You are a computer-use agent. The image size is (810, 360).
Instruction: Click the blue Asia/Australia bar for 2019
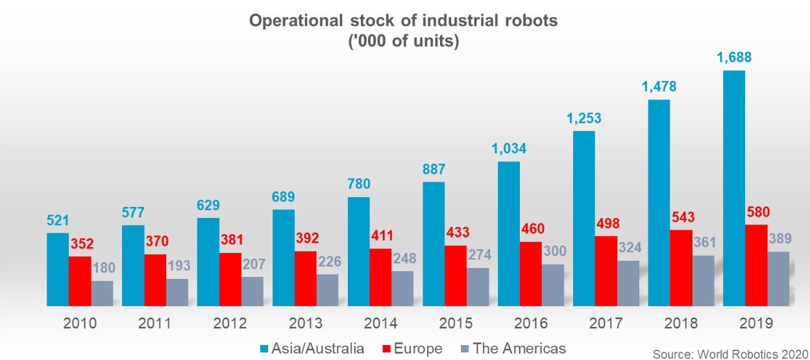click(x=734, y=188)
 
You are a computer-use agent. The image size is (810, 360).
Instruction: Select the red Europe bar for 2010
click(x=80, y=281)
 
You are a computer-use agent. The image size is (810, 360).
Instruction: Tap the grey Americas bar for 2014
click(x=402, y=289)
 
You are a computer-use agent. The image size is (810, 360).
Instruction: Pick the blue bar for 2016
click(x=508, y=234)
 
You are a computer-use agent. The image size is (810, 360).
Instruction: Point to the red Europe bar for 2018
click(x=681, y=267)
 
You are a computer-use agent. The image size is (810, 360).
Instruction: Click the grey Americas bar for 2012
click(x=252, y=291)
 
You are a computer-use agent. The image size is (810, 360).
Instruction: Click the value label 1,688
click(x=733, y=58)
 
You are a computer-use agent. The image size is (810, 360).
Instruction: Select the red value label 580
click(x=758, y=213)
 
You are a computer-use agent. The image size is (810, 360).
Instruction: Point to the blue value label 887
click(x=434, y=170)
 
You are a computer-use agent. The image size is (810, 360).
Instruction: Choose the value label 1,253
click(x=583, y=119)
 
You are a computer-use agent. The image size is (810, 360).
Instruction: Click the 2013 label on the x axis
click(x=305, y=324)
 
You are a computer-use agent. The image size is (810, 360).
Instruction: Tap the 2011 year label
click(x=155, y=324)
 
